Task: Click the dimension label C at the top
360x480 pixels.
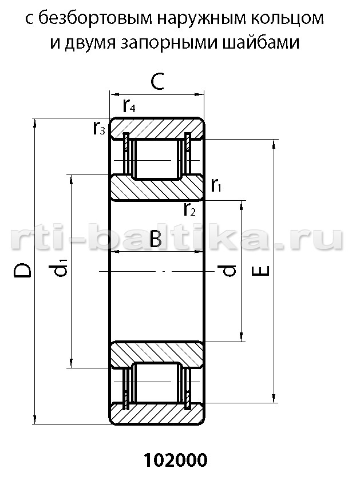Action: (157, 81)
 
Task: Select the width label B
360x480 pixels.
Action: (156, 239)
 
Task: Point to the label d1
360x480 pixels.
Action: (58, 267)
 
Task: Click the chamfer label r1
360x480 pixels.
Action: (216, 185)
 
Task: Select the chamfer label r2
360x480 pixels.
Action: (189, 209)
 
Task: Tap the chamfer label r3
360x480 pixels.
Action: (99, 128)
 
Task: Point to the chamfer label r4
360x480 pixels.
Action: (129, 106)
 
